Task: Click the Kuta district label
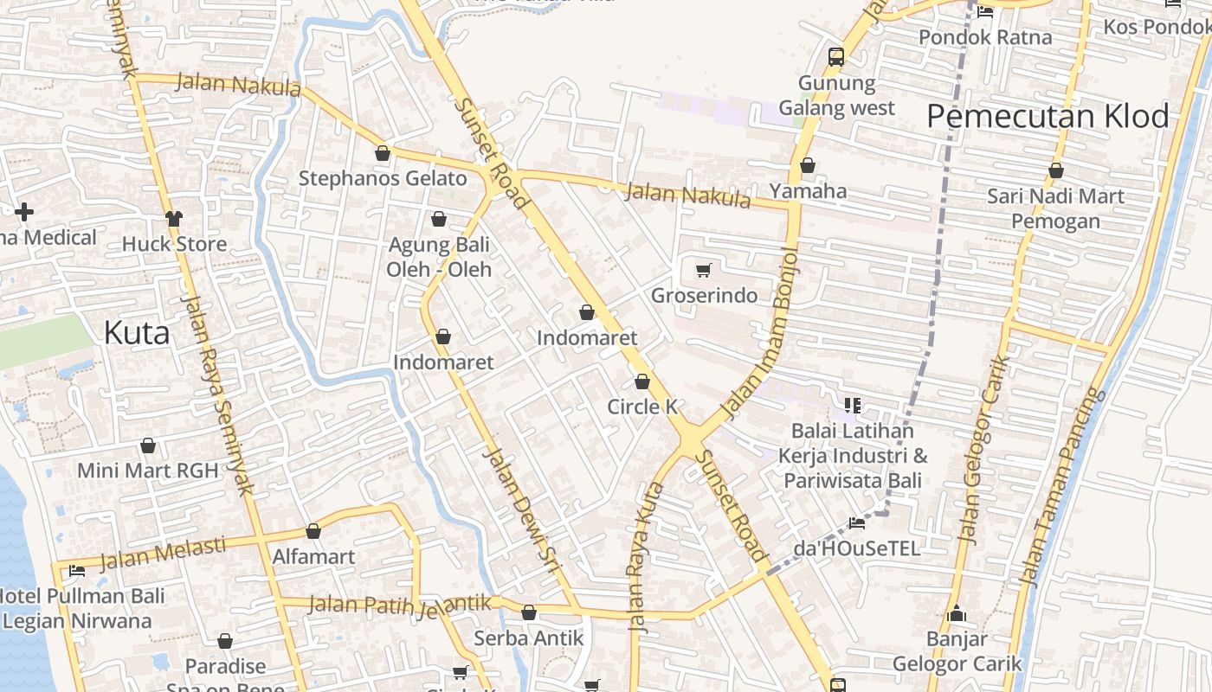(x=137, y=333)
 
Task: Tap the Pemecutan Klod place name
(x=1048, y=116)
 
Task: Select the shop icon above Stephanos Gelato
(x=383, y=154)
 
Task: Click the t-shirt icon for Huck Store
(x=174, y=218)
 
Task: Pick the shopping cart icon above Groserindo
(x=704, y=271)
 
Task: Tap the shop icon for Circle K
(x=642, y=381)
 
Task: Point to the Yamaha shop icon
(x=808, y=165)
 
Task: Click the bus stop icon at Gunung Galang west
(x=835, y=57)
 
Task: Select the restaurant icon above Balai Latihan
(x=853, y=405)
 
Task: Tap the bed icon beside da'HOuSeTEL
(x=857, y=522)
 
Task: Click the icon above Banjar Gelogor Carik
(x=957, y=614)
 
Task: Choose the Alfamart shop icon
(x=313, y=531)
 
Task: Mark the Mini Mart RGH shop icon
(x=148, y=446)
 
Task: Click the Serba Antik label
(x=529, y=638)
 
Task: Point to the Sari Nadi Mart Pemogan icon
(x=1056, y=171)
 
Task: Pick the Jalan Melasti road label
(x=162, y=554)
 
